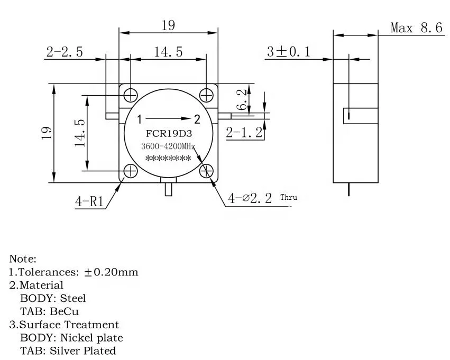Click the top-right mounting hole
(207, 95)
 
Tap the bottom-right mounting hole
(207, 171)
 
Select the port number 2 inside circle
(197, 118)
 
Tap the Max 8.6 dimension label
(416, 28)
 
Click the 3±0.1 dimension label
(288, 52)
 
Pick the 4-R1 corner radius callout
(90, 201)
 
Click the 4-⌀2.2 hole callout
(250, 198)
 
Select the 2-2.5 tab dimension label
(65, 52)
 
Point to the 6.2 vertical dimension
(242, 99)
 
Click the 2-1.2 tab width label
(244, 132)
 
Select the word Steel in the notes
(73, 299)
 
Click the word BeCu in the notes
(66, 311)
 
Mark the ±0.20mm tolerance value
(112, 272)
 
